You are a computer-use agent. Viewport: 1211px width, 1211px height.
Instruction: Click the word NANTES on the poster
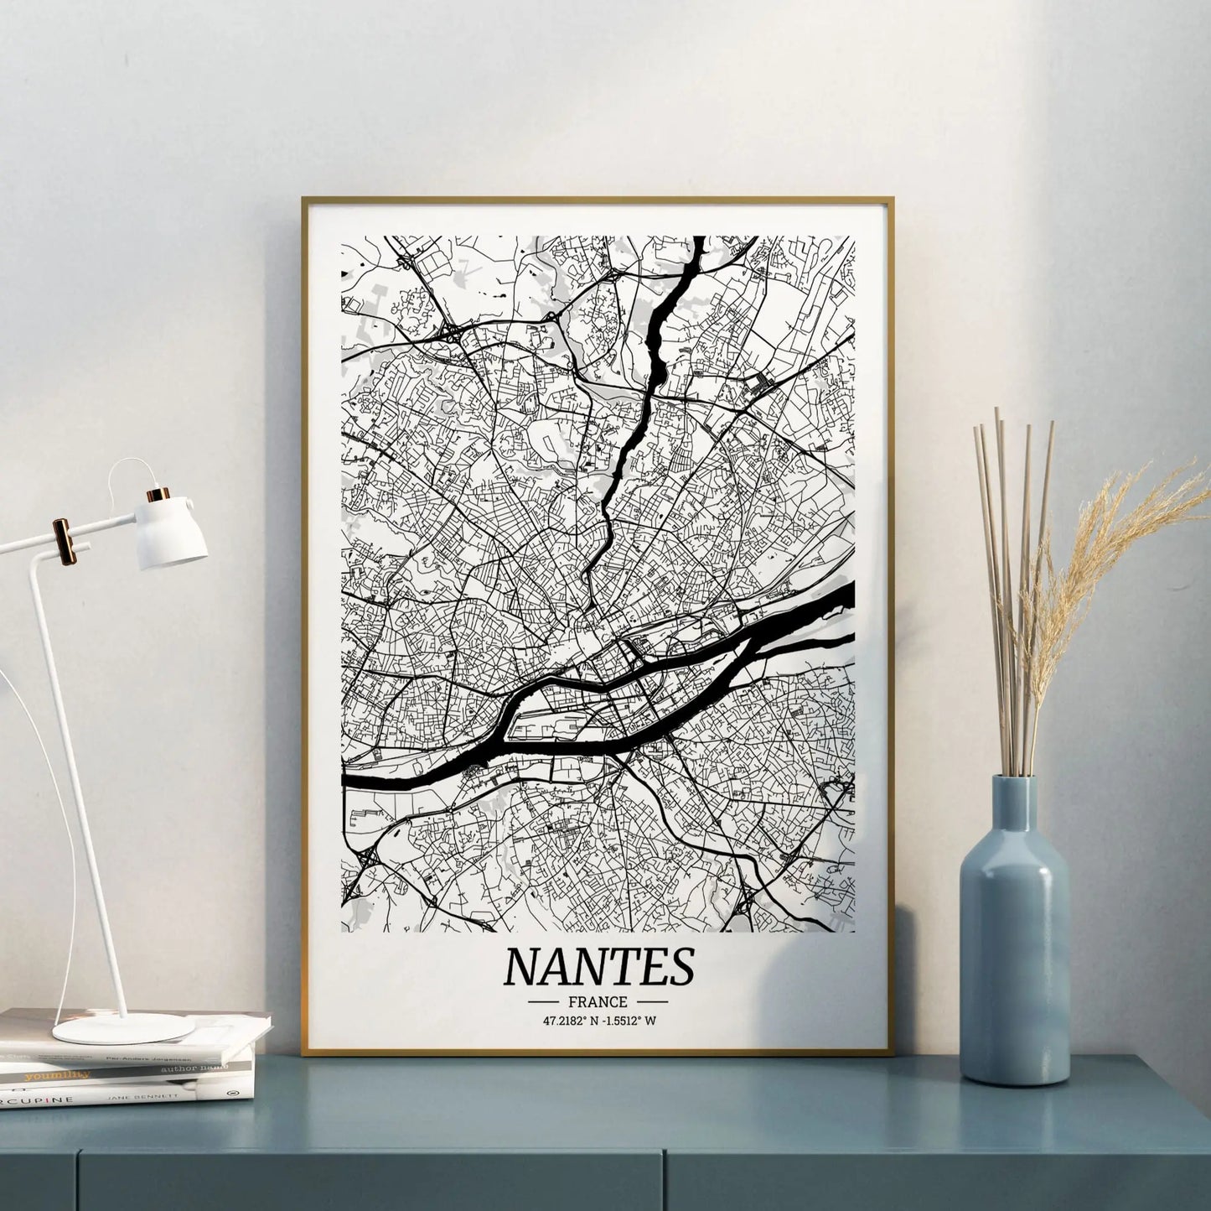[598, 966]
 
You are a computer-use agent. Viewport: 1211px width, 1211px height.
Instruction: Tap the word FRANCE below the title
[598, 1001]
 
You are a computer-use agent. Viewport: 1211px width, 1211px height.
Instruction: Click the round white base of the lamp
[123, 1028]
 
